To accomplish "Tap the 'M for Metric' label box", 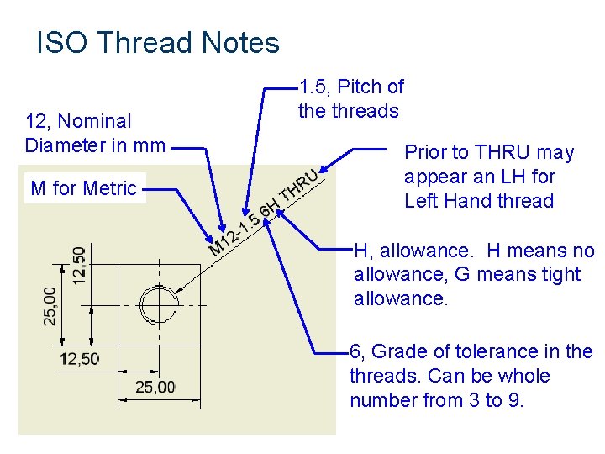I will [x=83, y=188].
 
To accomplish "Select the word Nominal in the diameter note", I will [x=96, y=122].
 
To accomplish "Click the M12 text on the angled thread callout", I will [x=223, y=240].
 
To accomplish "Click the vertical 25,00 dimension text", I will [x=50, y=305].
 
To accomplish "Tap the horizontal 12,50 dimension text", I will [x=79, y=359].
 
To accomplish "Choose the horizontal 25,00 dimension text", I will [x=155, y=387].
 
